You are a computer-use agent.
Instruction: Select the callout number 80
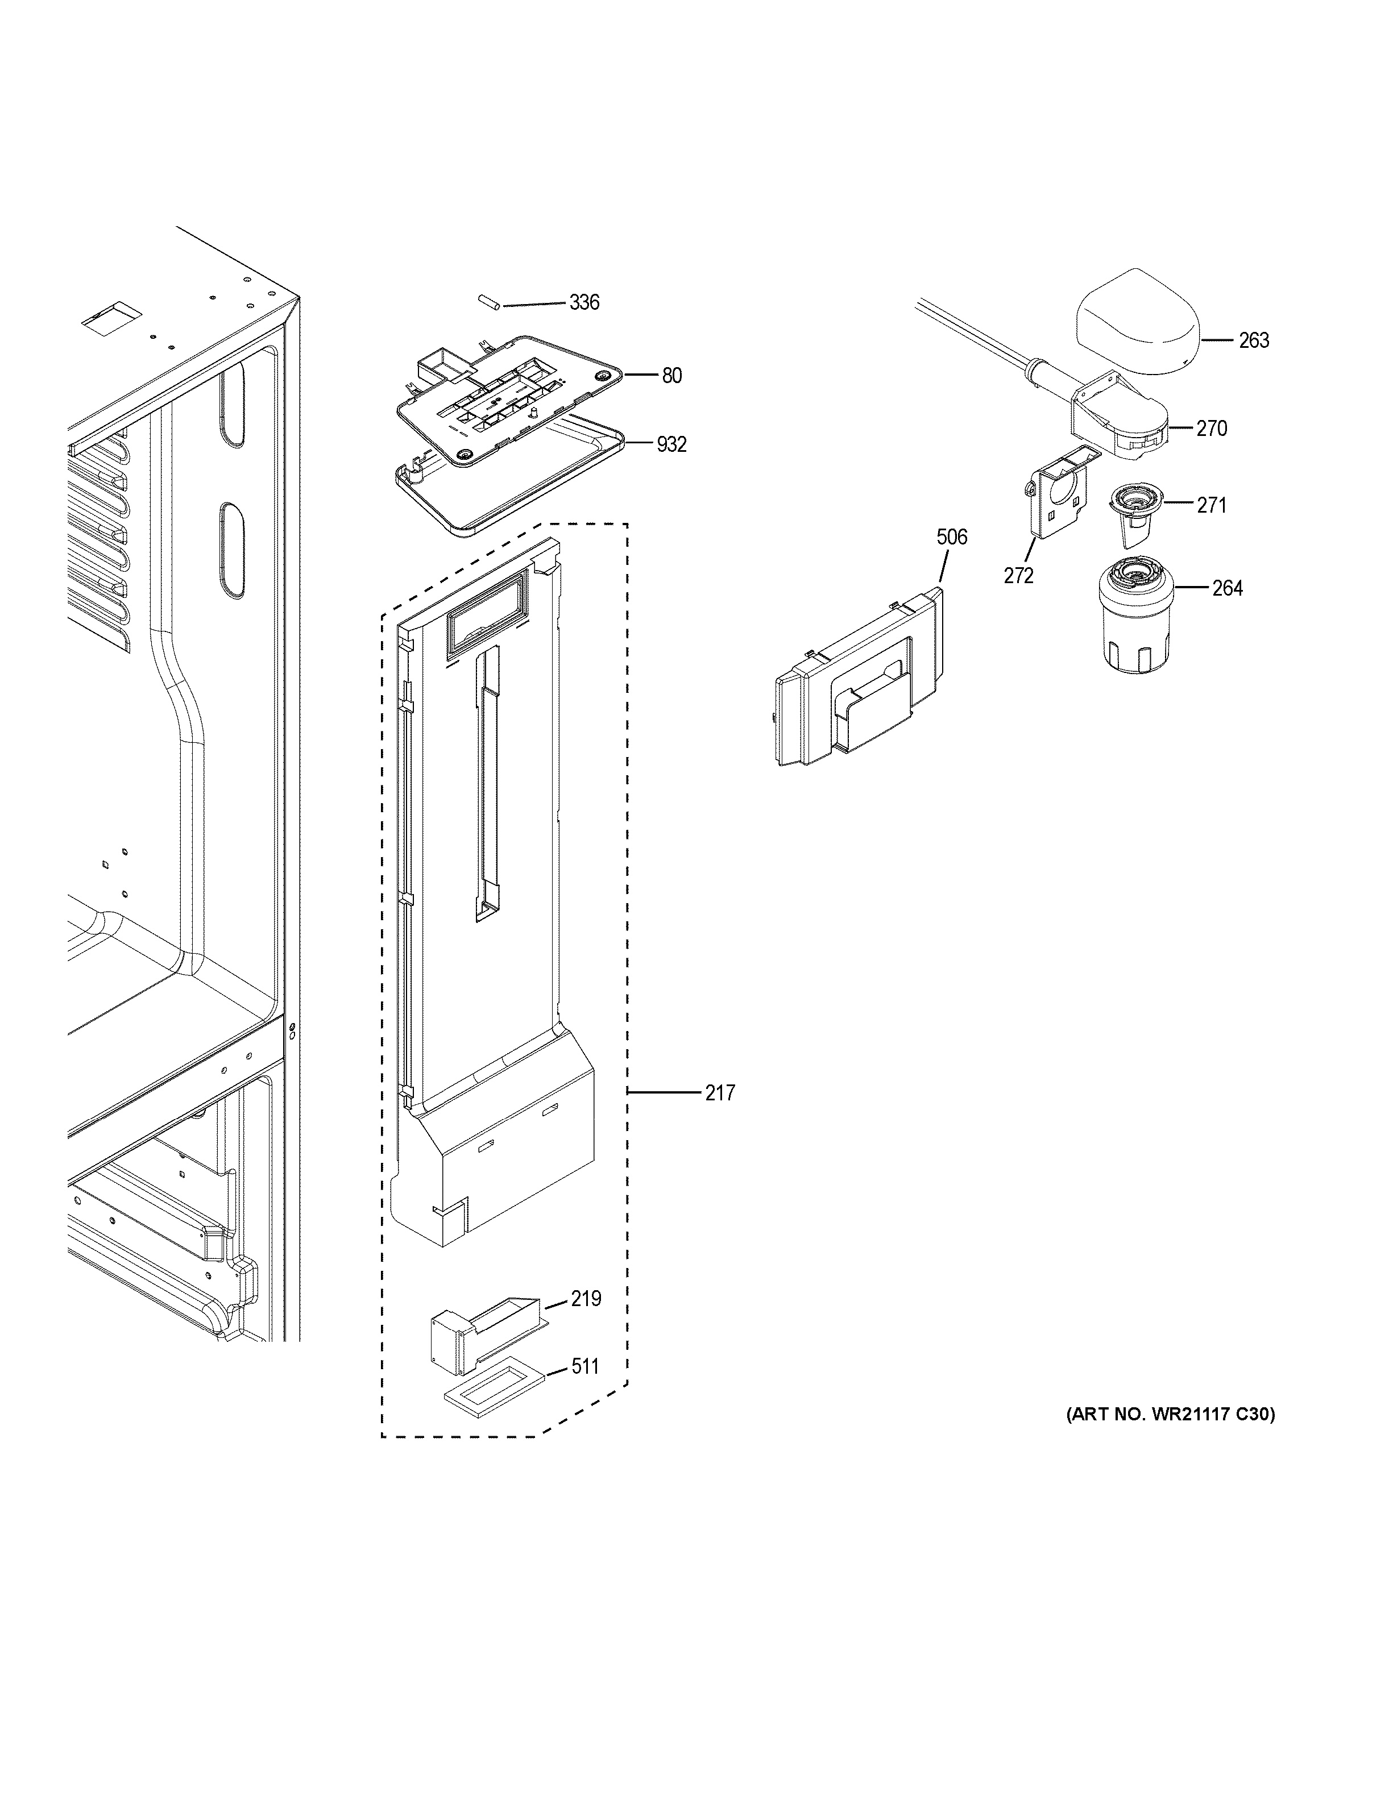coord(672,376)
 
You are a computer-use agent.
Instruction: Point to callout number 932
coord(672,445)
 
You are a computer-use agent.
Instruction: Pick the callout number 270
coord(1211,429)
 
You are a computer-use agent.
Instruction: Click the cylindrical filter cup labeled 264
coord(1134,612)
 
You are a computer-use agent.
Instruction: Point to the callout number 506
coord(951,537)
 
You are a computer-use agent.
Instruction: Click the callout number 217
coord(720,1093)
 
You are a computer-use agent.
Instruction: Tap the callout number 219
coord(586,1299)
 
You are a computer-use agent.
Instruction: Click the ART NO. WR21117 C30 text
coord(1171,1415)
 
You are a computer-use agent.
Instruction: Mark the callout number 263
coord(1254,340)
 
